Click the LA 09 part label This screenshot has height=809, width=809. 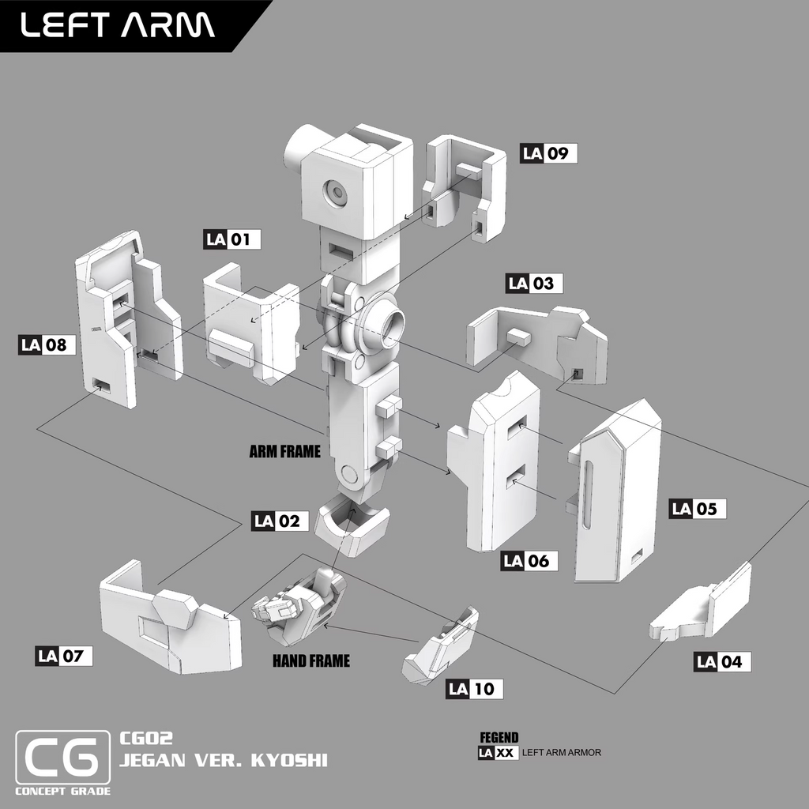[549, 153]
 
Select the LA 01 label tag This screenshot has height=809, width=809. [232, 239]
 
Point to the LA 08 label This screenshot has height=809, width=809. [47, 344]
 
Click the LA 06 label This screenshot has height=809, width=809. [529, 561]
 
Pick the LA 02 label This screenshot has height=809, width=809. [280, 521]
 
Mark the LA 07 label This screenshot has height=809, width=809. [64, 656]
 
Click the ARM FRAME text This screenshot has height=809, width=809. [284, 452]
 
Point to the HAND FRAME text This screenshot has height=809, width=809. [310, 661]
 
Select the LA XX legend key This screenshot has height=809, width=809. [499, 753]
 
